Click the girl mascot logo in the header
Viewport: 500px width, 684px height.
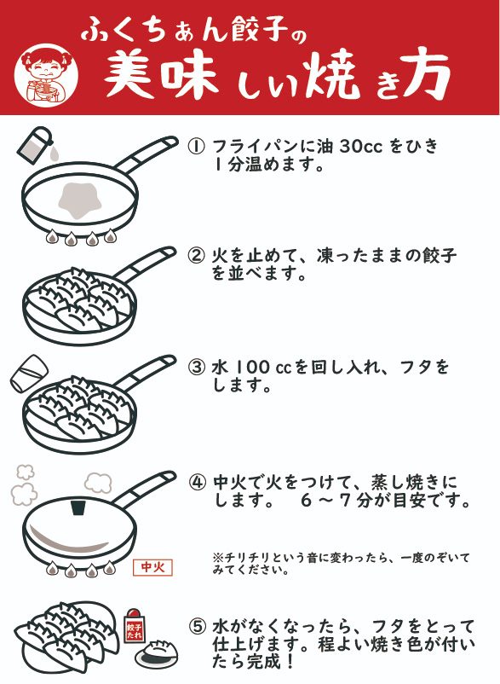tap(46, 73)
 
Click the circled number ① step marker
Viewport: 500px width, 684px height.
tap(196, 146)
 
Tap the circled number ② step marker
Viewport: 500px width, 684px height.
tap(196, 255)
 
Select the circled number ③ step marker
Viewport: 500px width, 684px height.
tap(196, 367)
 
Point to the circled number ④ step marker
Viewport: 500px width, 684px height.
tap(198, 483)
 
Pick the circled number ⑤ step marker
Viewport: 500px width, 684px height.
tap(198, 626)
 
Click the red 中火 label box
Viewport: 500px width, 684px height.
tap(152, 567)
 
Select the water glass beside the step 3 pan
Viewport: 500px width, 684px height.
tap(29, 374)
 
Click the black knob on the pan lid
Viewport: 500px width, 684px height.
tap(78, 508)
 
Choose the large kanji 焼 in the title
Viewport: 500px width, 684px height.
tap(333, 75)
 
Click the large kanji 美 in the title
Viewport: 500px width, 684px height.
tap(129, 74)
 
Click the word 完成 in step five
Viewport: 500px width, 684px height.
tap(265, 662)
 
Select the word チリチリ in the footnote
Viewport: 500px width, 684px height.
tap(243, 558)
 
